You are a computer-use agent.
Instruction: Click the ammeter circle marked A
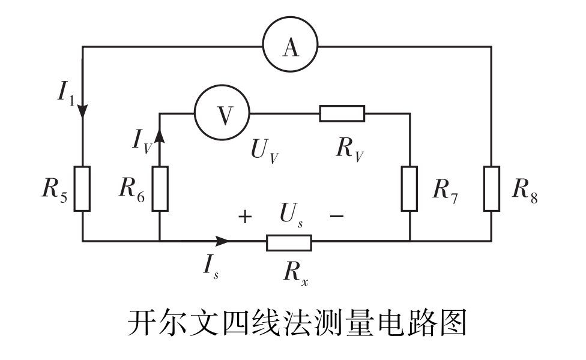tap(290, 47)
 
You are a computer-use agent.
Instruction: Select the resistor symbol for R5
tap(82, 189)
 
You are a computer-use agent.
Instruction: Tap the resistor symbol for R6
tap(160, 189)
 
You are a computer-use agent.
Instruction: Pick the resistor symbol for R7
tap(409, 189)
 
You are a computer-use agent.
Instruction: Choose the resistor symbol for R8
tap(491, 189)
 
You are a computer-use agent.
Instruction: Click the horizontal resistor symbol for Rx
tap(289, 242)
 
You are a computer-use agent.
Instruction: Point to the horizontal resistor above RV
tap(342, 113)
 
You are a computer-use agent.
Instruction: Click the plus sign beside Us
tap(244, 217)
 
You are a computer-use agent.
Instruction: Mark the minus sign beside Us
tap(337, 217)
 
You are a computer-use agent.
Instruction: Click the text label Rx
tap(296, 274)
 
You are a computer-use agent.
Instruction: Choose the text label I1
tap(65, 92)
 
